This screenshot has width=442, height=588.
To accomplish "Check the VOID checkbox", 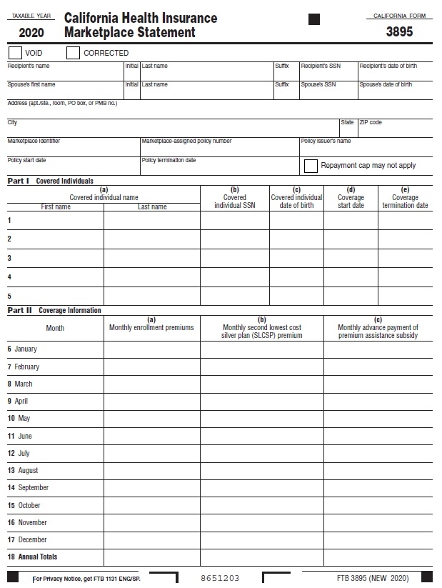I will tap(14, 53).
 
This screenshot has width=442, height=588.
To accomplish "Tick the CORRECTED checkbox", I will tap(72, 53).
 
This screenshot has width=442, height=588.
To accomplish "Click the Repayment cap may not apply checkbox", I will tap(311, 166).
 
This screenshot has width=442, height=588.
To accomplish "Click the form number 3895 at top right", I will tap(399, 32).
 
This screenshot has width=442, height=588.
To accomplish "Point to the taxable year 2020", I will tap(31, 33).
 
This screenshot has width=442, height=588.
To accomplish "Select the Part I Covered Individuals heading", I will tap(51, 181).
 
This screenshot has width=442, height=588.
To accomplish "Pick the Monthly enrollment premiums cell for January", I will tap(151, 349).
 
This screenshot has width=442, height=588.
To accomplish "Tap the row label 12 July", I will tap(19, 453).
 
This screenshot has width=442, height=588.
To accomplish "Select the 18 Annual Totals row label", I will tap(33, 557).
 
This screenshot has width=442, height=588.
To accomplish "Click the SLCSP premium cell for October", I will tap(261, 505).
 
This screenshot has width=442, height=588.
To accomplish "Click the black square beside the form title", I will tap(314, 20).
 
